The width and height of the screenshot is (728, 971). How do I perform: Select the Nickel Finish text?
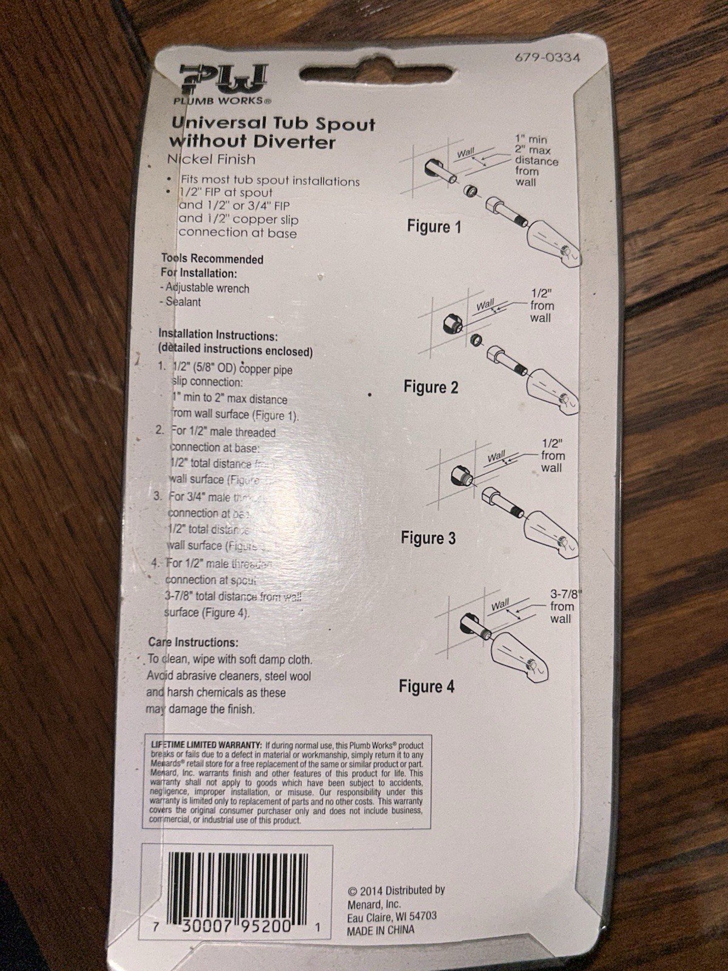tap(211, 160)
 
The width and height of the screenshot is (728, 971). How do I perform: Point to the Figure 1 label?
tap(434, 228)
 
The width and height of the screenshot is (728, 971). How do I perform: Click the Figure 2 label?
tap(431, 387)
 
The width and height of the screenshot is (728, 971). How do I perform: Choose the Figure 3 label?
tap(428, 538)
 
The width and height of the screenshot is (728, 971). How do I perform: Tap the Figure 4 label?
tap(426, 687)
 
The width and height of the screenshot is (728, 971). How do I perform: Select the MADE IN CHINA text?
tap(380, 930)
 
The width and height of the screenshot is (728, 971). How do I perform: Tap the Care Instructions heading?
tap(193, 642)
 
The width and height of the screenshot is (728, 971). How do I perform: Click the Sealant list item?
tap(183, 302)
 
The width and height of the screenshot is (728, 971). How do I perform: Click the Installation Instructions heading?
tap(218, 334)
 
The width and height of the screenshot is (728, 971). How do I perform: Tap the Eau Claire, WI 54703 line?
tap(391, 916)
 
